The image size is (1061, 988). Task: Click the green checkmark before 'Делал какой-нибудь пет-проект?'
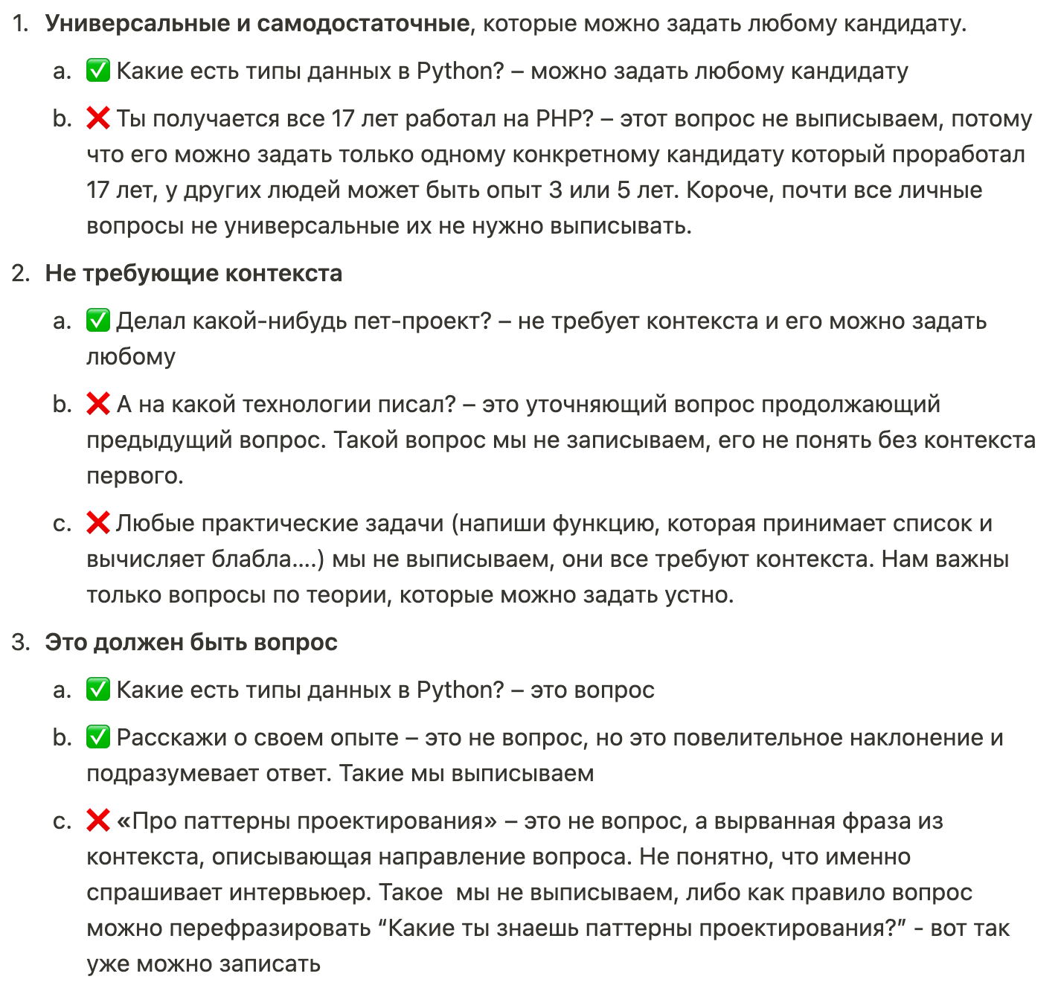pyautogui.click(x=98, y=321)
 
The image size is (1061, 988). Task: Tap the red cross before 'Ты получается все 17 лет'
pyautogui.click(x=98, y=118)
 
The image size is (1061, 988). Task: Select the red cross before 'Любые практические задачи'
pyautogui.click(x=98, y=523)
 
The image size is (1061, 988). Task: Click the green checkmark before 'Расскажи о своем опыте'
pyautogui.click(x=98, y=737)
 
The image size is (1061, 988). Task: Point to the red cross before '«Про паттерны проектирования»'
pyautogui.click(x=98, y=821)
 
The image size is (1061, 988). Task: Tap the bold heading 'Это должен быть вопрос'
pyautogui.click(x=191, y=642)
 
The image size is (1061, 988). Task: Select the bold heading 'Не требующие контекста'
pyautogui.click(x=193, y=273)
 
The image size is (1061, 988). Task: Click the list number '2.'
pyautogui.click(x=21, y=273)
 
